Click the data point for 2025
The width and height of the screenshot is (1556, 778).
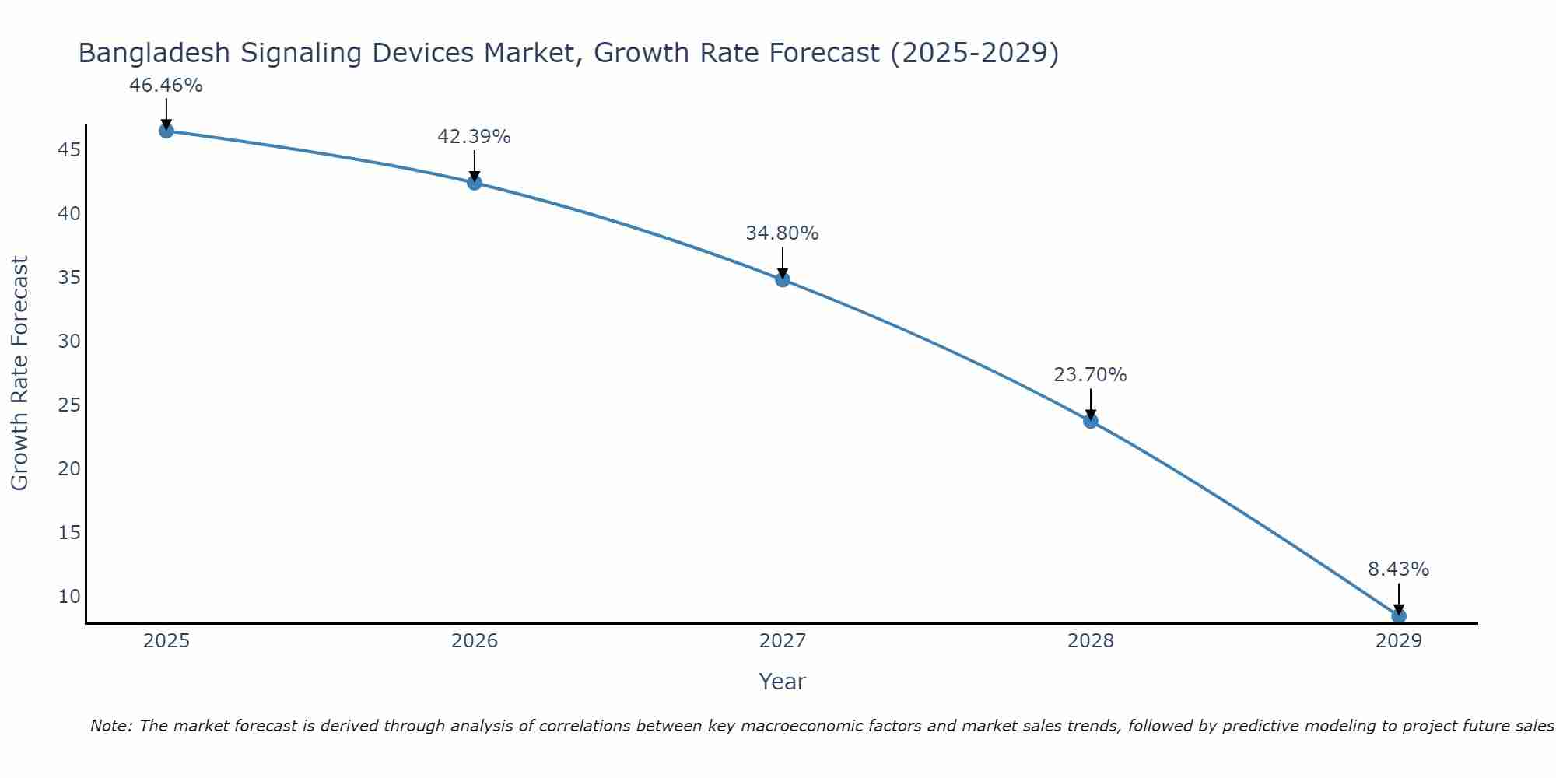pyautogui.click(x=166, y=131)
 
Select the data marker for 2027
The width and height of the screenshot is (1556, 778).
pyautogui.click(x=783, y=279)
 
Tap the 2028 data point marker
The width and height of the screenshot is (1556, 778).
pyautogui.click(x=1091, y=421)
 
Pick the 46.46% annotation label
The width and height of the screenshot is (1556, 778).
pyautogui.click(x=166, y=86)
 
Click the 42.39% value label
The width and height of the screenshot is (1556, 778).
pyautogui.click(x=474, y=137)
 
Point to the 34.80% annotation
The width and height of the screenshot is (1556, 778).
pyautogui.click(x=782, y=233)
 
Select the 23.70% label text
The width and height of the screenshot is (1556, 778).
pyautogui.click(x=1090, y=375)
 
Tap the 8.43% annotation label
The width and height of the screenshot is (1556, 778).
pyautogui.click(x=1398, y=569)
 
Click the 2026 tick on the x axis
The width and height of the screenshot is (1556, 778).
pyautogui.click(x=475, y=641)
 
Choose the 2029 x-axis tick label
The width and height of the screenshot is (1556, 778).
pyautogui.click(x=1399, y=641)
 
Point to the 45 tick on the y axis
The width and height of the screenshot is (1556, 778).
pyautogui.click(x=69, y=149)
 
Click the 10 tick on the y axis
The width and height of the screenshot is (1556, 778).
pyautogui.click(x=69, y=597)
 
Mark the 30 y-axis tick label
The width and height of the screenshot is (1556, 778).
pyautogui.click(x=69, y=342)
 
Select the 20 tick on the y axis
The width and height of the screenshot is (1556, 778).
pyautogui.click(x=69, y=469)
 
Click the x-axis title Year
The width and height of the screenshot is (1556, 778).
pyautogui.click(x=782, y=682)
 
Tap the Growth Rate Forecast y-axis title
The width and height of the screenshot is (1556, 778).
pyautogui.click(x=19, y=373)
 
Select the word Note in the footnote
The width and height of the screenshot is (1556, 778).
pyautogui.click(x=111, y=727)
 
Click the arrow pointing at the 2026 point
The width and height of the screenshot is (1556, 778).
pyautogui.click(x=475, y=166)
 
